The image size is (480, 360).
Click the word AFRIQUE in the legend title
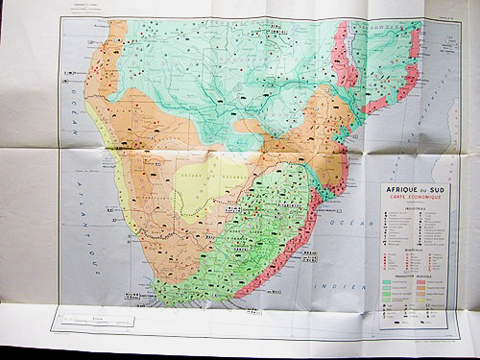pos(400,188)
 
